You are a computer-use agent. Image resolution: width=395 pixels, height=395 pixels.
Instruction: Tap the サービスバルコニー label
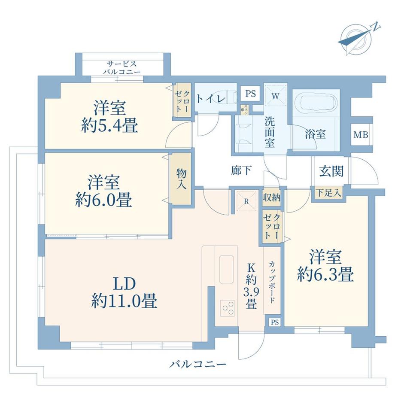[x=122, y=67]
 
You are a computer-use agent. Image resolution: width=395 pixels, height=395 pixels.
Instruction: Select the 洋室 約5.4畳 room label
[x=109, y=116]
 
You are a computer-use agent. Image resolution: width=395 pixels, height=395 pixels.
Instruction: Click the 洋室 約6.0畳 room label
[x=104, y=191]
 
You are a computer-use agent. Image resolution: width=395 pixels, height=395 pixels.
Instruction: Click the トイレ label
[x=211, y=99]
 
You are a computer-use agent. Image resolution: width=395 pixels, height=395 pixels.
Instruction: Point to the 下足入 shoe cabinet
[x=329, y=193]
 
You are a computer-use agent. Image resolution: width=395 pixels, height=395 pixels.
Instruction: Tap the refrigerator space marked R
[x=246, y=201]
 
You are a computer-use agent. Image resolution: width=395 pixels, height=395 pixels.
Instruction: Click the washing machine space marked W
[x=275, y=95]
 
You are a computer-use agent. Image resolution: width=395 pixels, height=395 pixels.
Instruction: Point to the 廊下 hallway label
[x=241, y=171]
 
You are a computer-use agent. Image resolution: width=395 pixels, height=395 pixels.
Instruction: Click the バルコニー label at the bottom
[x=197, y=365]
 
